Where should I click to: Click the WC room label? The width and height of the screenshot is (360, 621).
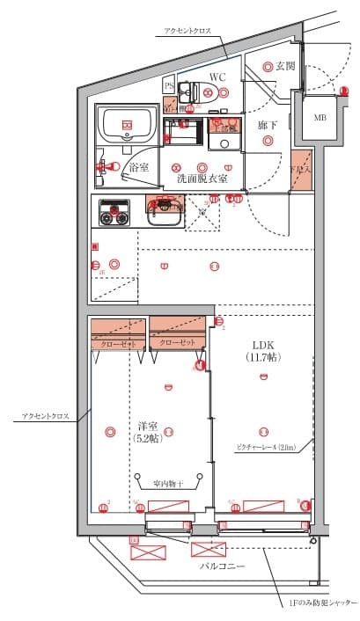[x=217, y=77]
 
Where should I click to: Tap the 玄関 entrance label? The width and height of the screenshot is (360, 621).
[x=285, y=66]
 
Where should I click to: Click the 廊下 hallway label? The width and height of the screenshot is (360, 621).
[x=268, y=126]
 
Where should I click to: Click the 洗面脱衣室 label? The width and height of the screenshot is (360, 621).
[x=202, y=178]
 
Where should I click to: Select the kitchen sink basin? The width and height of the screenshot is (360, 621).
[x=165, y=213]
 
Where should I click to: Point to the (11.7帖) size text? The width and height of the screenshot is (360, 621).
[x=263, y=358]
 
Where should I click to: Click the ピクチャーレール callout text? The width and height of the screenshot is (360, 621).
[x=270, y=448]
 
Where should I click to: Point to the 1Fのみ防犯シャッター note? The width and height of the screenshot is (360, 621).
[x=323, y=603]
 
